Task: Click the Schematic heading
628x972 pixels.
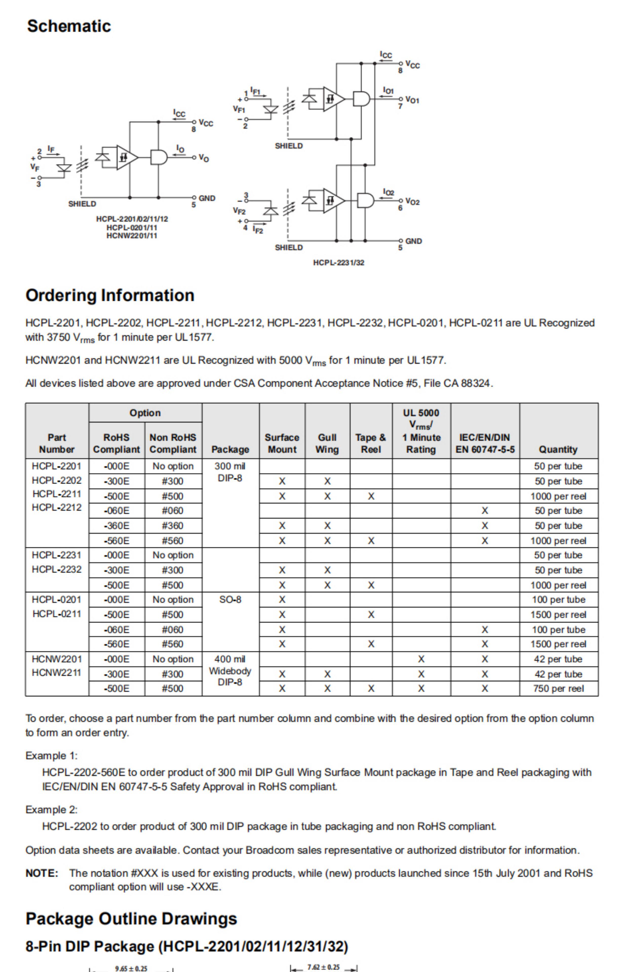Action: coord(69,26)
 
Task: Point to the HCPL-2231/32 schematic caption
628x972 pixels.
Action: coord(339,263)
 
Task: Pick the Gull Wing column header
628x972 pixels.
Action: coord(327,443)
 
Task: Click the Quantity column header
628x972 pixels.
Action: coord(558,450)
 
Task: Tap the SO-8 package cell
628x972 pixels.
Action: coord(230,599)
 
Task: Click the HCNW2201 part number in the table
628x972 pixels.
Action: coord(57,659)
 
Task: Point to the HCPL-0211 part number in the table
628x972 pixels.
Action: coord(57,614)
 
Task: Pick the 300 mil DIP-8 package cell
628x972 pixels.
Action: coord(230,472)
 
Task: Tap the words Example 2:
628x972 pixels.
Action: coord(51,809)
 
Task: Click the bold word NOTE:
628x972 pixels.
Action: coord(42,873)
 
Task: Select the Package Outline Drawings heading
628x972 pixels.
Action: coord(131,919)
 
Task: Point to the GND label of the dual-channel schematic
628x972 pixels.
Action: coord(414,241)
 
